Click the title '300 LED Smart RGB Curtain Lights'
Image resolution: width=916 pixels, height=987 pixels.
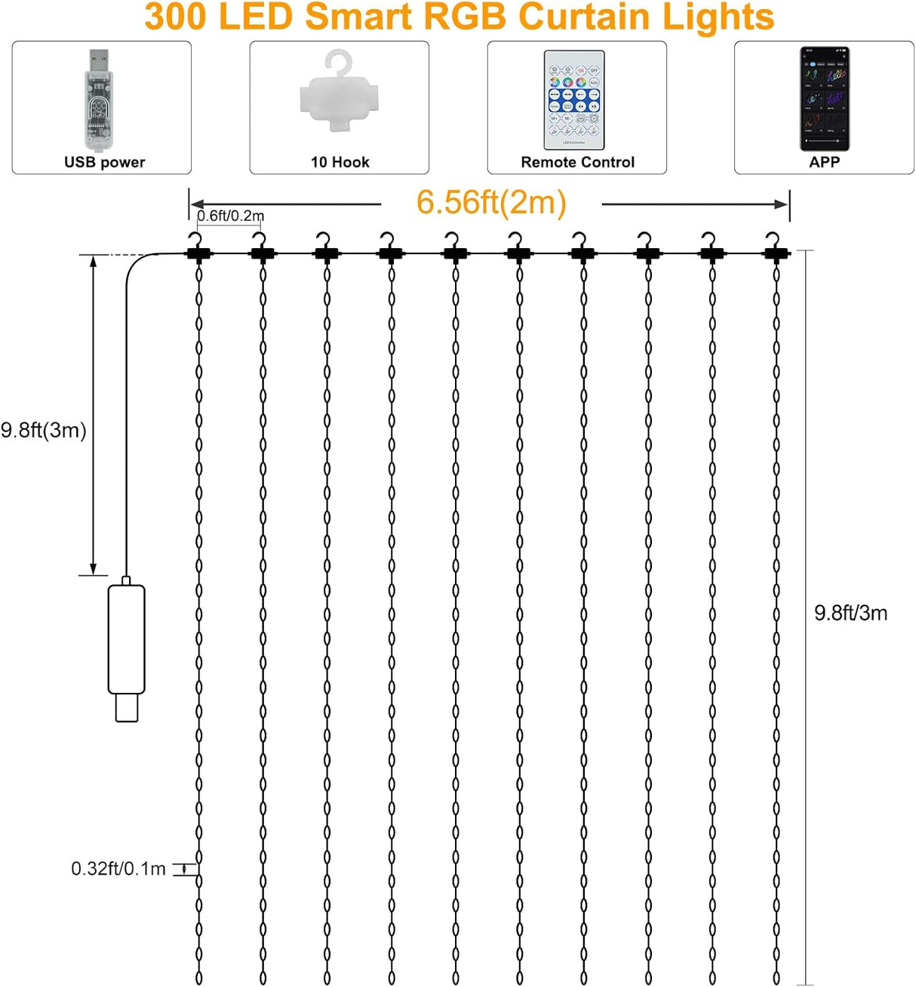point(459,17)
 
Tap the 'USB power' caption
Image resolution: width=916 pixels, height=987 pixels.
point(104,162)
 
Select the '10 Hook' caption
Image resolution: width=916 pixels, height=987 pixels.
point(340,162)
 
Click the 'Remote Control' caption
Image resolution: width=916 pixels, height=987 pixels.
point(577,162)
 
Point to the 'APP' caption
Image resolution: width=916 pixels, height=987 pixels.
point(824,162)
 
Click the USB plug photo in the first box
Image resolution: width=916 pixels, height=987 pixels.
point(98,100)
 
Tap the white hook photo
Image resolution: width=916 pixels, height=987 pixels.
point(339,92)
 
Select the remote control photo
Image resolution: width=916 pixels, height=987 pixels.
point(574,100)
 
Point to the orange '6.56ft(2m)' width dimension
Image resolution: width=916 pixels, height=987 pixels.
point(491,202)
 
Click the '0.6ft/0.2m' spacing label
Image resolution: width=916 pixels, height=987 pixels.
point(230,216)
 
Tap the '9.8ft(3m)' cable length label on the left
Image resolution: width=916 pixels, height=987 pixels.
point(44,430)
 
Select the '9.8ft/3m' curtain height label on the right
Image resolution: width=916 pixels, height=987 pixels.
point(850,613)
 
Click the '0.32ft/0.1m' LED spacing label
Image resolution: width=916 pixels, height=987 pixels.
point(118,869)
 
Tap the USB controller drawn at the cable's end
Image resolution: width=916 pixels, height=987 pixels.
point(126,648)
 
